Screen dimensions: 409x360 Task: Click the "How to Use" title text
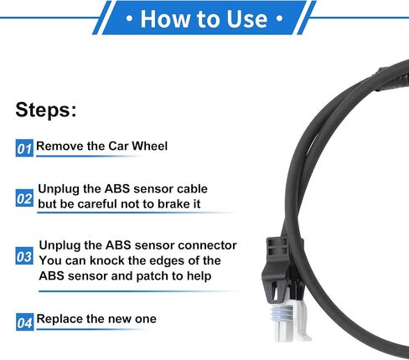tap(204, 19)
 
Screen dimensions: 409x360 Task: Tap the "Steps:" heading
tap(46, 110)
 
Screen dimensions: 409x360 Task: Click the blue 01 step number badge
tap(24, 148)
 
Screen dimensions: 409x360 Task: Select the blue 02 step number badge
tap(24, 198)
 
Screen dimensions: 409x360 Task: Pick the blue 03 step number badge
tap(24, 256)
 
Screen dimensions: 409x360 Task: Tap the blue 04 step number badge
tap(24, 322)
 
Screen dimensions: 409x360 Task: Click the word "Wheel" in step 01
tap(150, 146)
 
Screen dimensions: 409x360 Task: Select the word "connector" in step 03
tap(207, 245)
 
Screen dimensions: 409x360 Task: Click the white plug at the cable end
tap(287, 321)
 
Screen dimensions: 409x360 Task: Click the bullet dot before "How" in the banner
tap(129, 19)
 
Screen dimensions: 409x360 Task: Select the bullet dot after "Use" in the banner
tap(279, 19)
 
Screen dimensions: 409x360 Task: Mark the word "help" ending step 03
tap(199, 276)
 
